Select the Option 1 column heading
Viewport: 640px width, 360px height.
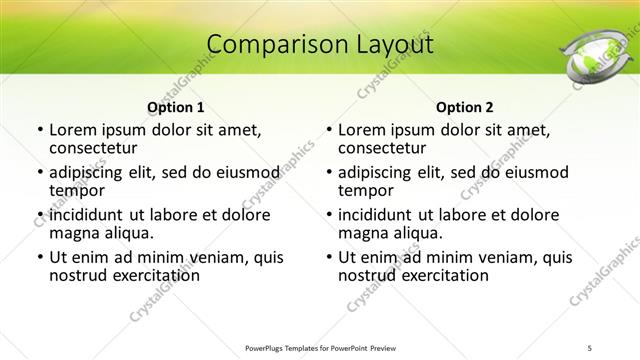175,106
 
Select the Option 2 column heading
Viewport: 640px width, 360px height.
464,106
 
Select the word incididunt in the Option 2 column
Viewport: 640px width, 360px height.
376,215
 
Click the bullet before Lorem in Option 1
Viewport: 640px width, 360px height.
39,130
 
